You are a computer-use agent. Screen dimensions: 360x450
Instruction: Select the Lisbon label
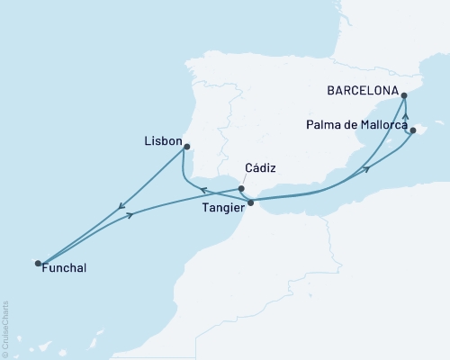click(162, 142)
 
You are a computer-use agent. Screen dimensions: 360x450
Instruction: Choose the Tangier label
click(220, 204)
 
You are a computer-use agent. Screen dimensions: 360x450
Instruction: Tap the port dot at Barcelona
click(404, 94)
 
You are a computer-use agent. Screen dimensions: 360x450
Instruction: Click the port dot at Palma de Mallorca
click(412, 130)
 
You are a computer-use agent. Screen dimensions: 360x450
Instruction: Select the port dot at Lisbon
click(187, 146)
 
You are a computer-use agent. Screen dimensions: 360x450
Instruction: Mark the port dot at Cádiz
click(241, 189)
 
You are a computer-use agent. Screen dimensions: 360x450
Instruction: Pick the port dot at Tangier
click(250, 202)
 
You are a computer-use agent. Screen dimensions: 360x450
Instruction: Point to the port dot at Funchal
click(38, 263)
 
